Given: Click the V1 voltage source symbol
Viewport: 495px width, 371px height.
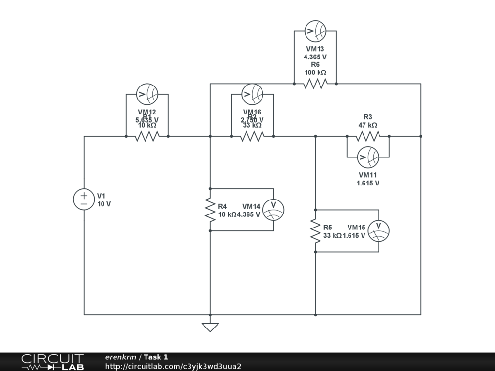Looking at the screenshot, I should pos(84,200).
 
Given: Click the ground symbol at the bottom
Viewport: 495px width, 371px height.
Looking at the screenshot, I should pos(210,327).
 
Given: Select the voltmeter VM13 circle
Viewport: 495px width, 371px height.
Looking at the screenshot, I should pos(315,31).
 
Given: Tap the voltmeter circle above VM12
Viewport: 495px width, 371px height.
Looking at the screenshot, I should pos(147,94).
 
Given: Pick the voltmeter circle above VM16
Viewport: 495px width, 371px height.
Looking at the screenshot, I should pos(252,94).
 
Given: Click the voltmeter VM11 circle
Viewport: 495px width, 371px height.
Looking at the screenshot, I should pos(368,157).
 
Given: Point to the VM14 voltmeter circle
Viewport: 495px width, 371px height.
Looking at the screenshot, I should pos(273,210).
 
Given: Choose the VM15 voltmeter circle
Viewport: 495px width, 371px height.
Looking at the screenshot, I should pos(378,231).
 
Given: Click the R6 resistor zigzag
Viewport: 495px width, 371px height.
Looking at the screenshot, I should pos(315,84).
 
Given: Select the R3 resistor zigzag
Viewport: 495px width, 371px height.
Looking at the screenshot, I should pos(368,136).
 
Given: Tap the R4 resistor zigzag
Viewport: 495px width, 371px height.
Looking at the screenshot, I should pos(210,210).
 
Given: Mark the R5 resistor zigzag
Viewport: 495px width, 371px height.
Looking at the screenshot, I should pos(315,231).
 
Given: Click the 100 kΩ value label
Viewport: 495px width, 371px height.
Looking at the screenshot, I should pos(315,72).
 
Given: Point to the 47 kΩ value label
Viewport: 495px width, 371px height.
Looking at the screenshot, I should pos(368,125).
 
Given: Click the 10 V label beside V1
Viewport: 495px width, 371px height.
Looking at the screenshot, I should pos(104,204).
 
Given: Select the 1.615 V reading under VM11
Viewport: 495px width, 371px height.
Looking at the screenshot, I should pos(368,183).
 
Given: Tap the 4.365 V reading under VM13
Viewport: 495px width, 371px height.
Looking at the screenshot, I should pos(315,57).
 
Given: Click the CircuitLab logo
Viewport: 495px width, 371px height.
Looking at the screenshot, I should pos(52,362).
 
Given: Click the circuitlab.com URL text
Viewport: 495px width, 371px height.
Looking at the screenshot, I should pos(173,367).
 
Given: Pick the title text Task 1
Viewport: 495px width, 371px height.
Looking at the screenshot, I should pos(156,357).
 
